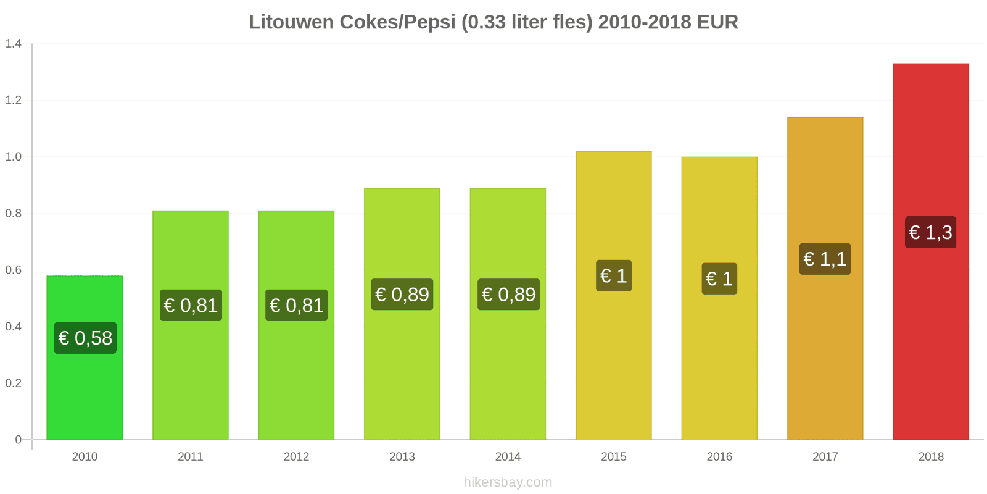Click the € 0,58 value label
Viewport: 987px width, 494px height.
click(85, 338)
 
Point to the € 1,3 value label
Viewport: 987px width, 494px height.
click(930, 232)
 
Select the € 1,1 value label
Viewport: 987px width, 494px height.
click(825, 259)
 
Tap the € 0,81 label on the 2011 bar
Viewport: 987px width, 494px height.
click(191, 305)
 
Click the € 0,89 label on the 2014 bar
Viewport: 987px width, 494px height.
click(508, 295)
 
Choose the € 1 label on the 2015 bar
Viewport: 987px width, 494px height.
click(613, 275)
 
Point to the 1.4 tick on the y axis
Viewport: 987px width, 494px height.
click(14, 43)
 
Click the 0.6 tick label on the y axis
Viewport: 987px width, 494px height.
click(14, 270)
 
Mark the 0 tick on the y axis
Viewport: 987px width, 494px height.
click(19, 440)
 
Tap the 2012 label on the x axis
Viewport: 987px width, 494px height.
click(296, 456)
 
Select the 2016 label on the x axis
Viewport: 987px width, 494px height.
click(719, 456)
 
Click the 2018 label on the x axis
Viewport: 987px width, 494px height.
click(931, 456)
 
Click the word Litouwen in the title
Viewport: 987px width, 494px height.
click(291, 22)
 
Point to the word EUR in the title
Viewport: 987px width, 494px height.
click(717, 22)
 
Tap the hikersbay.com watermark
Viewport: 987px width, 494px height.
click(508, 482)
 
